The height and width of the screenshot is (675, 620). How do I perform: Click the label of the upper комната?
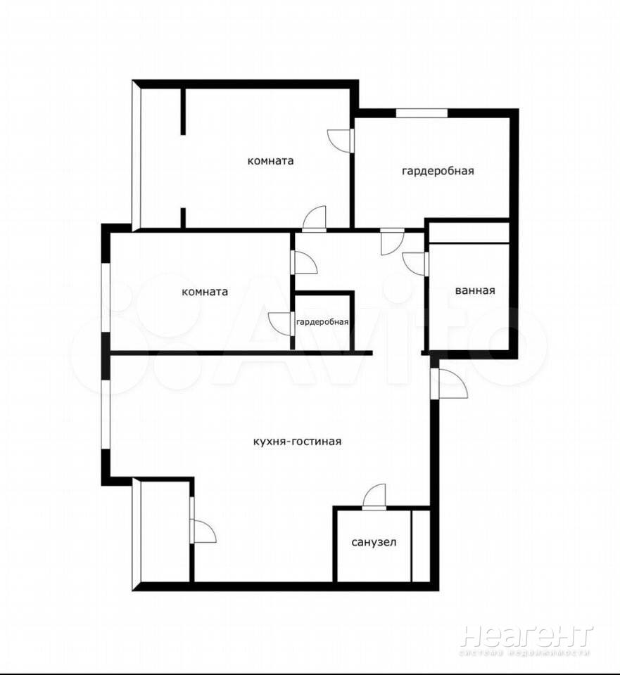tap(270, 160)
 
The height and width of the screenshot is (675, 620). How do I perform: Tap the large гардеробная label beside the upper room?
tap(438, 170)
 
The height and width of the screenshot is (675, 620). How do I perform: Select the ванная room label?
tap(475, 290)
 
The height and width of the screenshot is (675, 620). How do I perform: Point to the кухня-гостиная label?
tap(297, 442)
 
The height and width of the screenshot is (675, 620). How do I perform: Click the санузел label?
tap(374, 542)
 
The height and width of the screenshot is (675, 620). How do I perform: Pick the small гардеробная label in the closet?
tap(322, 322)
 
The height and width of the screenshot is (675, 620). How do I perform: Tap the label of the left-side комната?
tap(204, 292)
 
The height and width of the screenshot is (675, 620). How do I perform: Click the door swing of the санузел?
tap(375, 496)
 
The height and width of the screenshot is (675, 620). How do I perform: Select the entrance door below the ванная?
tap(449, 384)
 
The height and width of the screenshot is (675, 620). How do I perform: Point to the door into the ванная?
tap(415, 263)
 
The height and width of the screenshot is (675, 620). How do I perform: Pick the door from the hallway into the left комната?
tap(304, 262)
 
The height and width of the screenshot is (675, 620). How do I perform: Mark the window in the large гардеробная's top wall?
tap(422, 112)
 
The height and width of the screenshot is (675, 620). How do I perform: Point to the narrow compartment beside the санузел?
tap(420, 545)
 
